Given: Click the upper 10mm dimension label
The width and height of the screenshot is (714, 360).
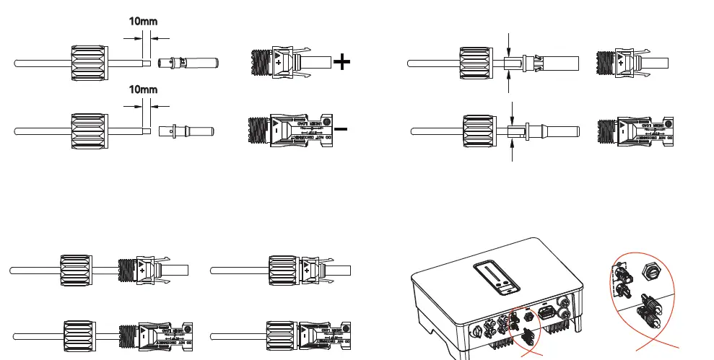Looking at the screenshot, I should pos(143,22).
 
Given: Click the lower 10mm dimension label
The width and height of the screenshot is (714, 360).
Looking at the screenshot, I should pos(143,90).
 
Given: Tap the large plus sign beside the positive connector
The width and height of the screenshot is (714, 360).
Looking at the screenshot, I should pos(341,62).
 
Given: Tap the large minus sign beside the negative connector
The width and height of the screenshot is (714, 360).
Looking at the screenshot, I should pos(341,130).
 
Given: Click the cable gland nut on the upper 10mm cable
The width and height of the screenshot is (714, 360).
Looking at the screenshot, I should pos(89,63).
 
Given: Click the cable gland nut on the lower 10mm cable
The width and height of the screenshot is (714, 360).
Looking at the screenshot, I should pos(89,131).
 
